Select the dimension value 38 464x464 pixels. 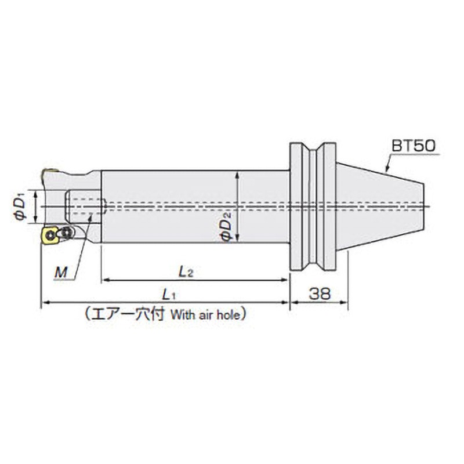319,293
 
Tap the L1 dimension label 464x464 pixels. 169,294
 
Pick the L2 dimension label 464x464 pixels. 186,271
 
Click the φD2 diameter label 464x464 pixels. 227,226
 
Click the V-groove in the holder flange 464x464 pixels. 318,206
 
